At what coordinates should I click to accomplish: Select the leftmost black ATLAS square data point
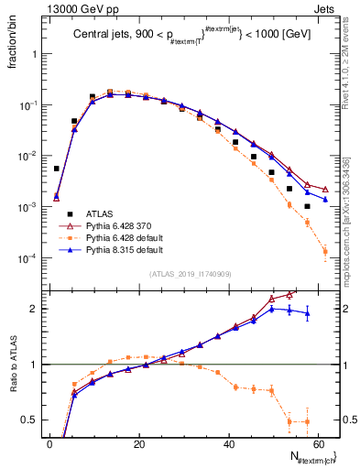[x=57, y=169]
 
